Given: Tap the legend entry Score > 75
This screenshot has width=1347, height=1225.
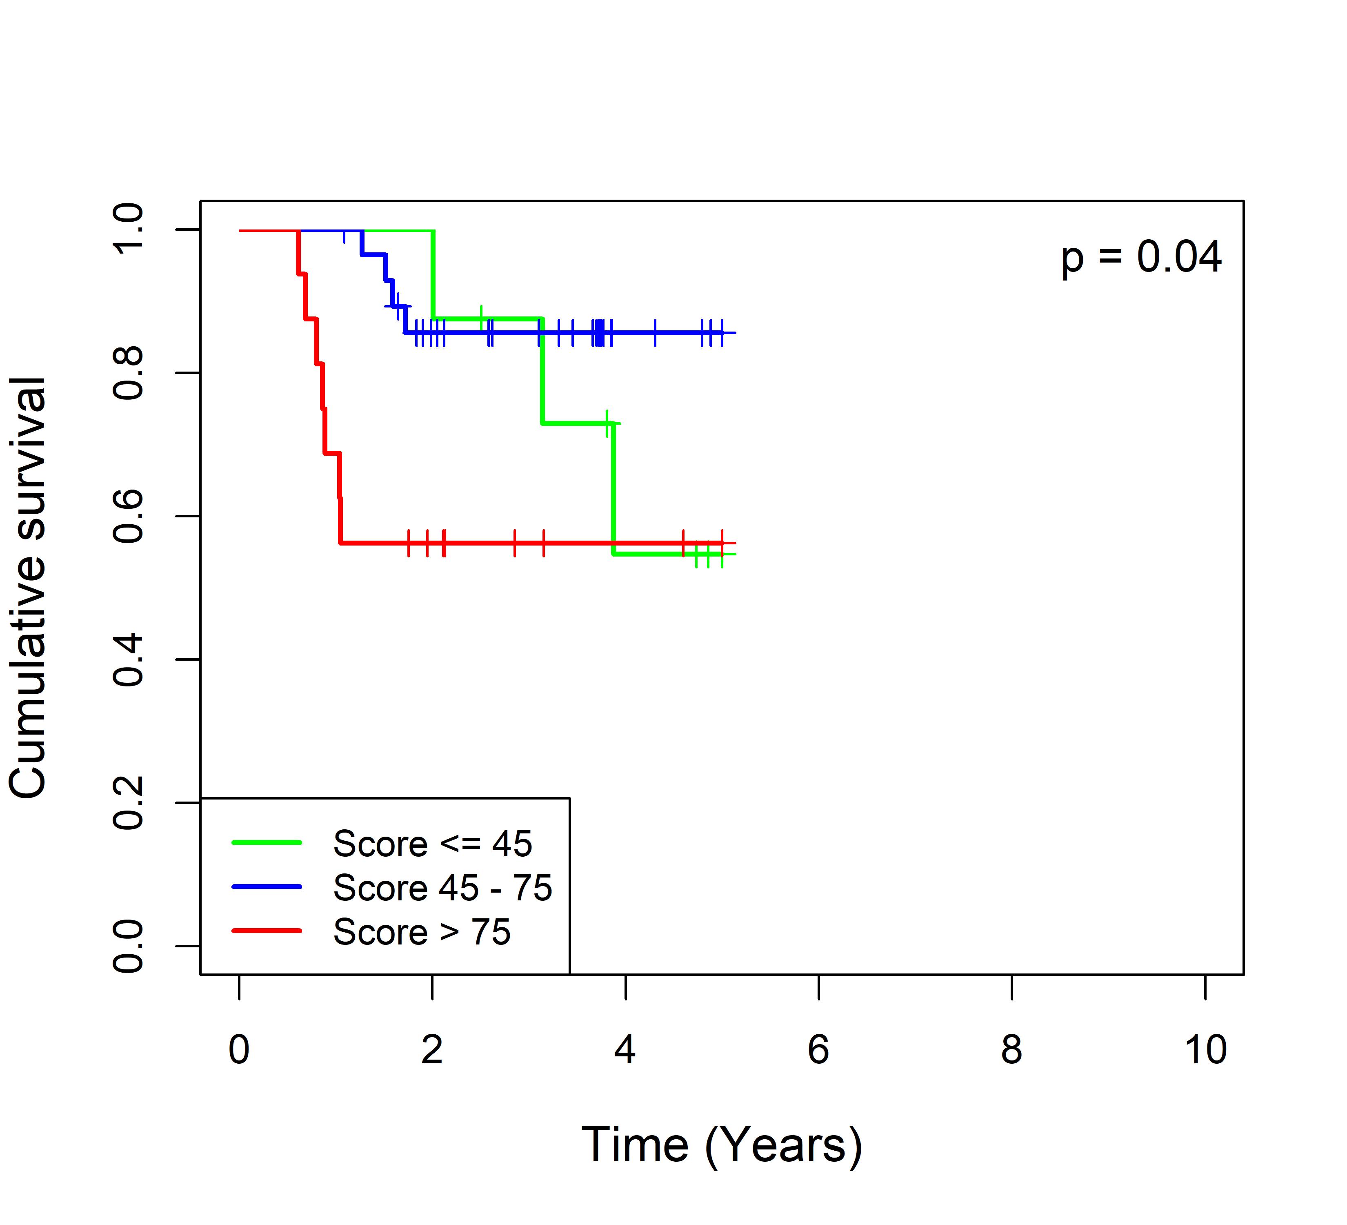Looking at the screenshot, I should click(x=422, y=932).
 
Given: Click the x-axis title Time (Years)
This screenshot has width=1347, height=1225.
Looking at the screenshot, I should click(x=722, y=1145).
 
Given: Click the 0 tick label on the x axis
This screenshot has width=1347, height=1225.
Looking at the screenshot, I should click(x=239, y=1050).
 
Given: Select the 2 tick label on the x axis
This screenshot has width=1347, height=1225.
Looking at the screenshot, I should click(x=432, y=1050).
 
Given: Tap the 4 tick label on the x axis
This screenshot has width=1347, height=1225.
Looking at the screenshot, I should click(x=625, y=1050).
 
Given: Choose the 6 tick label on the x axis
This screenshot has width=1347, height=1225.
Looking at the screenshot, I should click(x=818, y=1050).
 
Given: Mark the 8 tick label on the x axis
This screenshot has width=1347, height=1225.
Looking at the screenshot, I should click(x=1011, y=1050).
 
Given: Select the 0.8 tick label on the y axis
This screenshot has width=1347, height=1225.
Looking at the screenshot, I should click(x=128, y=373).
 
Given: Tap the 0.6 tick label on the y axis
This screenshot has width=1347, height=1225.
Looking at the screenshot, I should click(x=128, y=516).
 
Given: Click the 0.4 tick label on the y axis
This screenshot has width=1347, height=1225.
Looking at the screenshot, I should click(x=128, y=659).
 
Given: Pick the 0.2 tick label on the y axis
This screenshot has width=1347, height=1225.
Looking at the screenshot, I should click(x=128, y=803).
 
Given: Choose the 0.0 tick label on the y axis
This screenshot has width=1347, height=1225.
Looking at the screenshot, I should click(x=128, y=946).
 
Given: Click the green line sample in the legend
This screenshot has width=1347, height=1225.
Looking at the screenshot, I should click(x=267, y=843).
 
